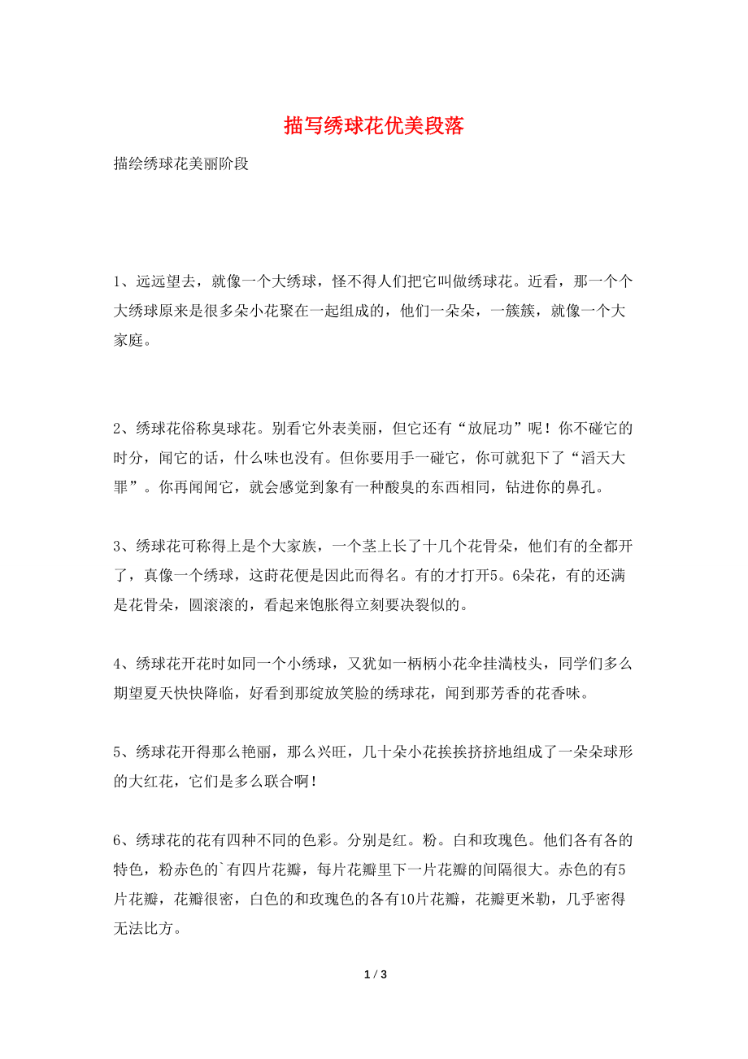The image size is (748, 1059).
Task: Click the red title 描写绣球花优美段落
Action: click(374, 126)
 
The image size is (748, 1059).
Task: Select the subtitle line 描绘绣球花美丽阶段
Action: click(180, 163)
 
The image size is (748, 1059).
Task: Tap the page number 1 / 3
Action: click(374, 974)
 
